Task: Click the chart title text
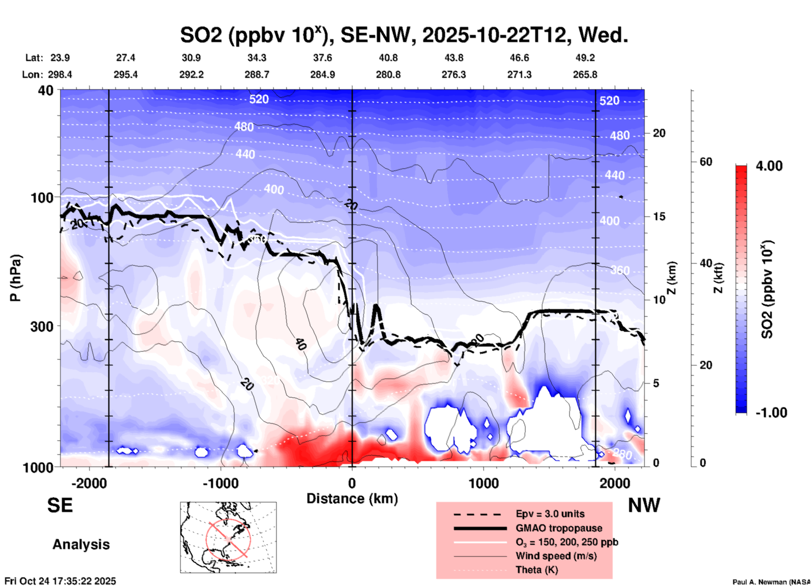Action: click(x=404, y=35)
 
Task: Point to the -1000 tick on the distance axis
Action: click(x=221, y=483)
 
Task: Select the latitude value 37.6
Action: click(x=323, y=58)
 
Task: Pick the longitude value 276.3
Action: click(x=454, y=75)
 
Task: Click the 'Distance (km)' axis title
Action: click(x=352, y=499)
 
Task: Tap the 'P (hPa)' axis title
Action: click(x=16, y=278)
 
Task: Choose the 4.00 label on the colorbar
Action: click(x=769, y=166)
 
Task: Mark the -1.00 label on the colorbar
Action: click(x=771, y=413)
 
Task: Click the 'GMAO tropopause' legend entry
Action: click(x=559, y=528)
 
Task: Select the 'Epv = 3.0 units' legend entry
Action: click(x=550, y=514)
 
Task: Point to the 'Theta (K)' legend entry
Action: click(x=536, y=570)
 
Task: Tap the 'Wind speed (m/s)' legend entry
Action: click(x=556, y=556)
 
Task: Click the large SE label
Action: click(x=60, y=505)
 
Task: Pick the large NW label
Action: click(x=644, y=505)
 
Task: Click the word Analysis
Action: click(x=81, y=544)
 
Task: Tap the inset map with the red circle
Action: click(x=228, y=537)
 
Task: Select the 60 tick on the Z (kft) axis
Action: click(x=706, y=162)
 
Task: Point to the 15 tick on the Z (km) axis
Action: click(x=659, y=216)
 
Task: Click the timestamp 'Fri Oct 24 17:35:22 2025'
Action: click(x=60, y=581)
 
